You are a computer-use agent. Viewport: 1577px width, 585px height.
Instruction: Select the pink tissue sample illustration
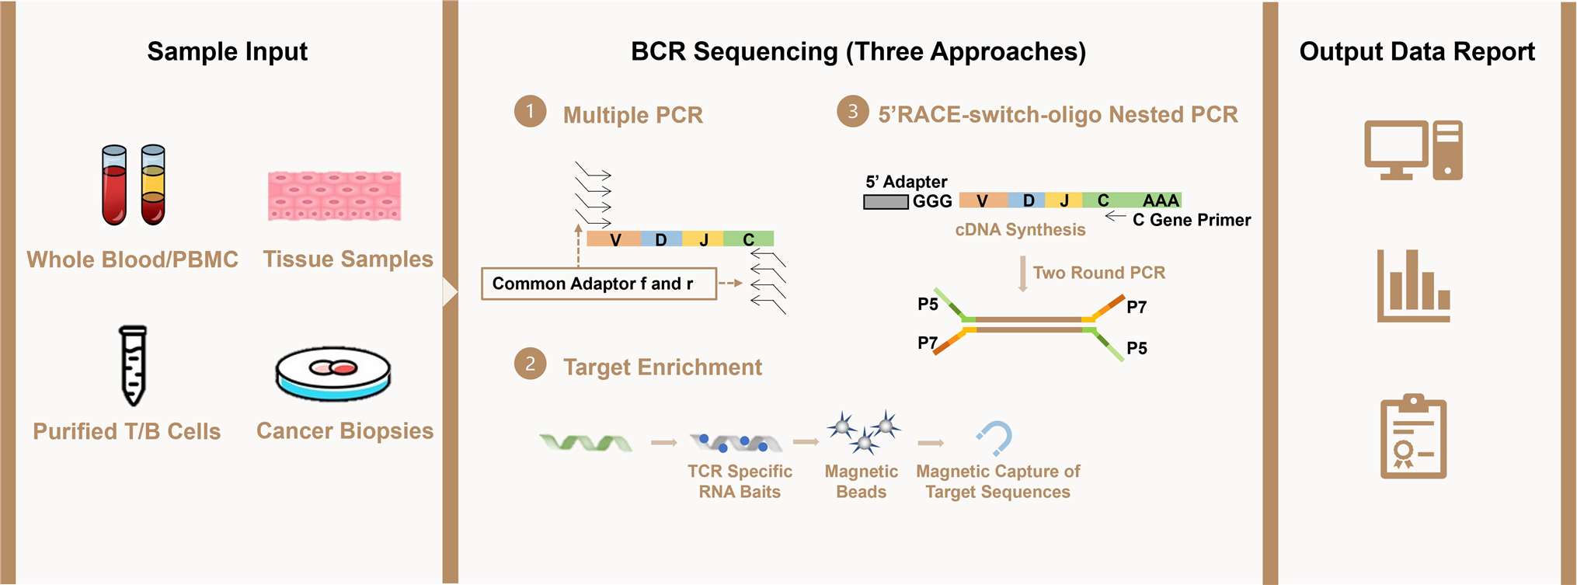point(335,196)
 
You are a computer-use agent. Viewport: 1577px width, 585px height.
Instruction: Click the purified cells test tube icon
point(134,365)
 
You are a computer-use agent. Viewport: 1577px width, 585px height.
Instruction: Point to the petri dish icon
point(333,374)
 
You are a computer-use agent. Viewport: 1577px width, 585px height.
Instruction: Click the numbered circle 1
point(531,112)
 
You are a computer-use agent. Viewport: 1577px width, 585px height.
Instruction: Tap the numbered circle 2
point(531,364)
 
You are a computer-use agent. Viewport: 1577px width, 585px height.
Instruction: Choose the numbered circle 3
point(853,112)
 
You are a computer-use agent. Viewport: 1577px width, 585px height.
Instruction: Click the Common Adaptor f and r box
point(599,284)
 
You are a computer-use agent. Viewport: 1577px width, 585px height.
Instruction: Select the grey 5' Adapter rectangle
point(886,202)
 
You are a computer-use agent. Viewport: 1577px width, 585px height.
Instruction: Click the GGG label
point(932,201)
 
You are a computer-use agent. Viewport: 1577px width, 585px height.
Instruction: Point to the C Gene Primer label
point(1192,220)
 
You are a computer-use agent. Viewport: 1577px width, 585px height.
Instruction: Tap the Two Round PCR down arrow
point(1023,274)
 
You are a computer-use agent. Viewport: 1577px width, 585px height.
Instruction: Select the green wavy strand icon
point(587,443)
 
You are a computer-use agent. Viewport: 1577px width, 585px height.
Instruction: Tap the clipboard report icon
point(1414,437)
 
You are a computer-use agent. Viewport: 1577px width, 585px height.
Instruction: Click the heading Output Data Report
point(1417,51)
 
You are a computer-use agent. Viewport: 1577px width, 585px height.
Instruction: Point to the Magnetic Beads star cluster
point(864,432)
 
